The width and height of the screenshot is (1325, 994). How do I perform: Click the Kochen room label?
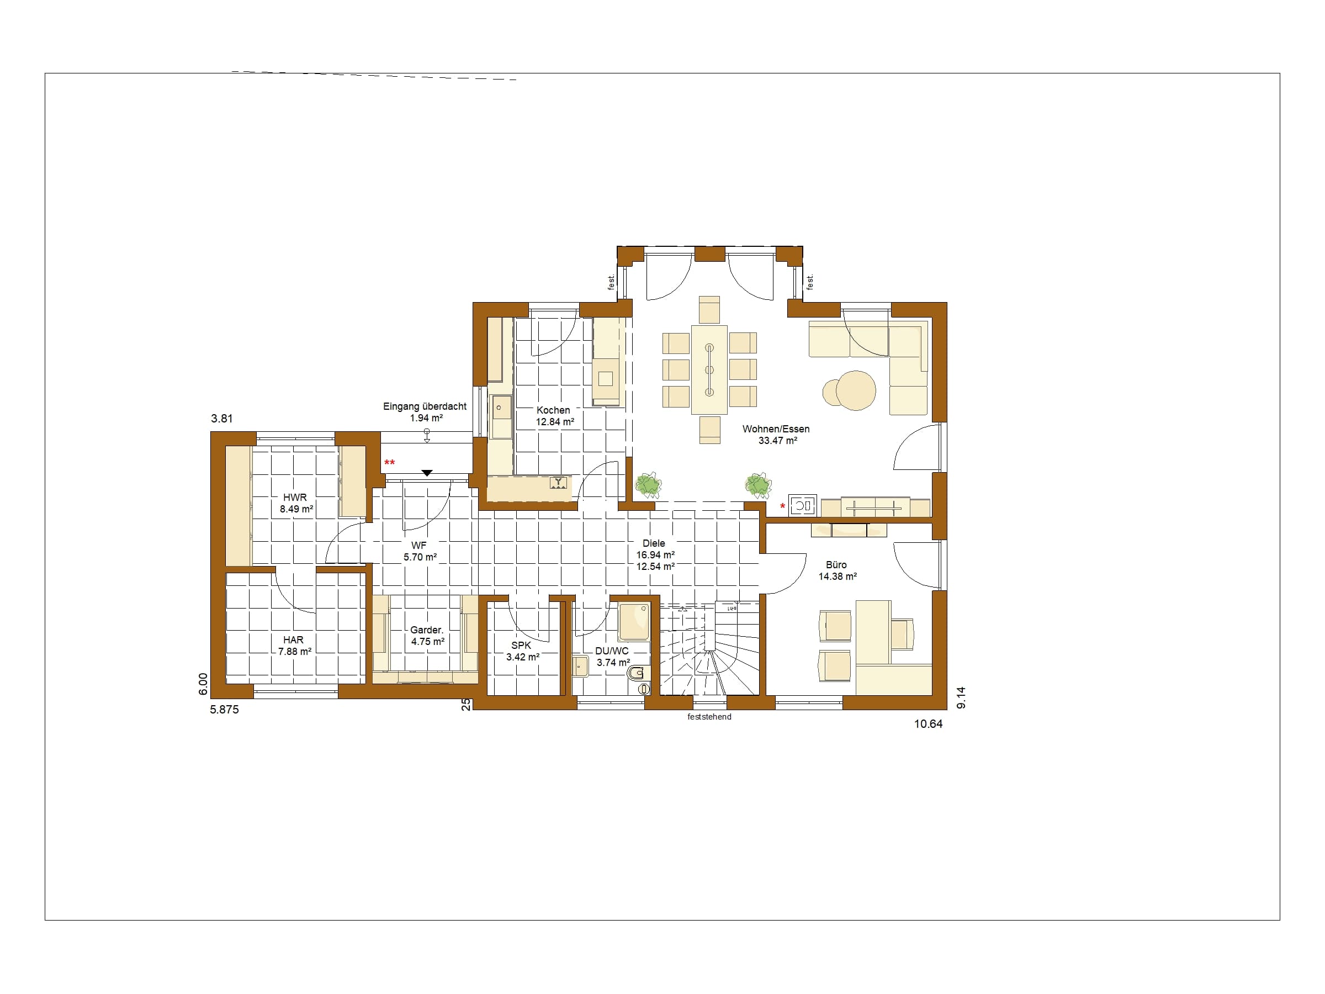point(553,410)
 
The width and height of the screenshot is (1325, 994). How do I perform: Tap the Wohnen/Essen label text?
point(776,429)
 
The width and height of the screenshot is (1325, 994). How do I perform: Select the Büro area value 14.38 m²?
point(838,577)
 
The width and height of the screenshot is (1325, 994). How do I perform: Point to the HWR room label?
point(295,498)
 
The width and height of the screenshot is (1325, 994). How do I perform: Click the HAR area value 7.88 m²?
point(295,651)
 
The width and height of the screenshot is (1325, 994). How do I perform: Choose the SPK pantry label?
point(521,646)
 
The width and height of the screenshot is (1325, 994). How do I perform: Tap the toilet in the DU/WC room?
point(639,674)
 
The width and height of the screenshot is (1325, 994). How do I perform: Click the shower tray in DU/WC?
point(634,622)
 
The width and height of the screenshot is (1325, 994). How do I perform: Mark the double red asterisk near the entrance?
point(389,463)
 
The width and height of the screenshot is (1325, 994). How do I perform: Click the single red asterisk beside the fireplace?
point(782,507)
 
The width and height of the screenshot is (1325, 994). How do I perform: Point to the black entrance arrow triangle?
point(427,473)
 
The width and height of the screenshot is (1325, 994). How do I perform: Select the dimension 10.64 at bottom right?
point(928,724)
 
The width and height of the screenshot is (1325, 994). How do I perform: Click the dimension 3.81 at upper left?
point(221,419)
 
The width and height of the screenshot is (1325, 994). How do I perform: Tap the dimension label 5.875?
point(224,710)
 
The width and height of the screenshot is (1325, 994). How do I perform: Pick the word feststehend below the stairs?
point(709,717)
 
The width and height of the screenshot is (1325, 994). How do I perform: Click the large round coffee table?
point(856,390)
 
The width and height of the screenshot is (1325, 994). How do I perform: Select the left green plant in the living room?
point(648,485)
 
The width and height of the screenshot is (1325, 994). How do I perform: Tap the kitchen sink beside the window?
point(500,416)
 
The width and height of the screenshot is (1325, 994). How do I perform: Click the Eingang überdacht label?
point(425,406)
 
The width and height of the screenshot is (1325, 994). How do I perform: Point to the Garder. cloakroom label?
point(427,630)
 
